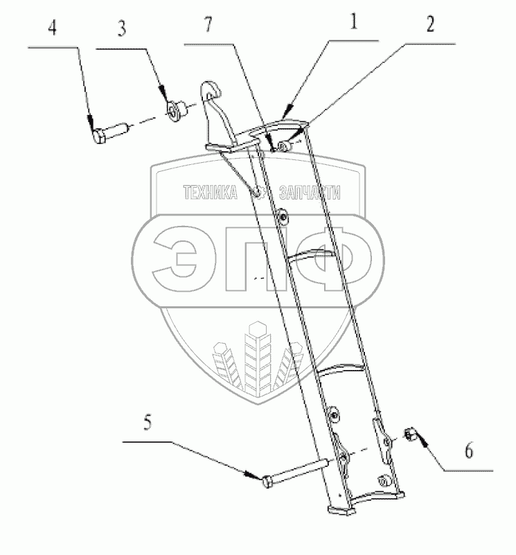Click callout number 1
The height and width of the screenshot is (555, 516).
(353, 24)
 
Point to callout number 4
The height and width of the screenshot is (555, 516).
(53, 30)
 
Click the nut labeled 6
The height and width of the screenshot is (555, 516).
(409, 434)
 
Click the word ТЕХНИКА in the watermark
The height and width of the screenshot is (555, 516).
(208, 195)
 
